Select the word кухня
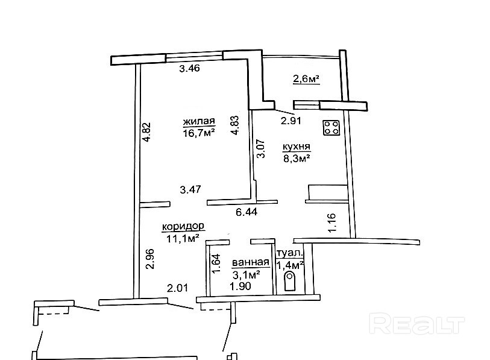pyautogui.click(x=297, y=147)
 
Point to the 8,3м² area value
pyautogui.click(x=297, y=159)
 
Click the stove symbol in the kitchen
pyautogui.click(x=331, y=127)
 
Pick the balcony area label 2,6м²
pyautogui.click(x=306, y=78)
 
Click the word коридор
pyautogui.click(x=183, y=226)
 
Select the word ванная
pyautogui.click(x=250, y=262)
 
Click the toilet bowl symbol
pyautogui.click(x=289, y=282)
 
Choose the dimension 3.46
pyautogui.click(x=190, y=69)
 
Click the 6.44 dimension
pyautogui.click(x=246, y=212)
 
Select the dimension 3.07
pyautogui.click(x=260, y=149)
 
